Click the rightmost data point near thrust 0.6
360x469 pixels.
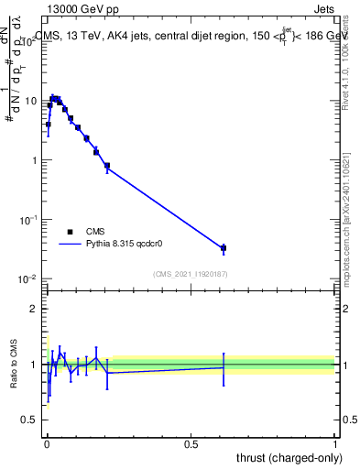pyautogui.click(x=224, y=248)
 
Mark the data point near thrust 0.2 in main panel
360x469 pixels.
pyautogui.click(x=107, y=166)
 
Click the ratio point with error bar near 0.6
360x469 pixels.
pyautogui.click(x=224, y=367)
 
